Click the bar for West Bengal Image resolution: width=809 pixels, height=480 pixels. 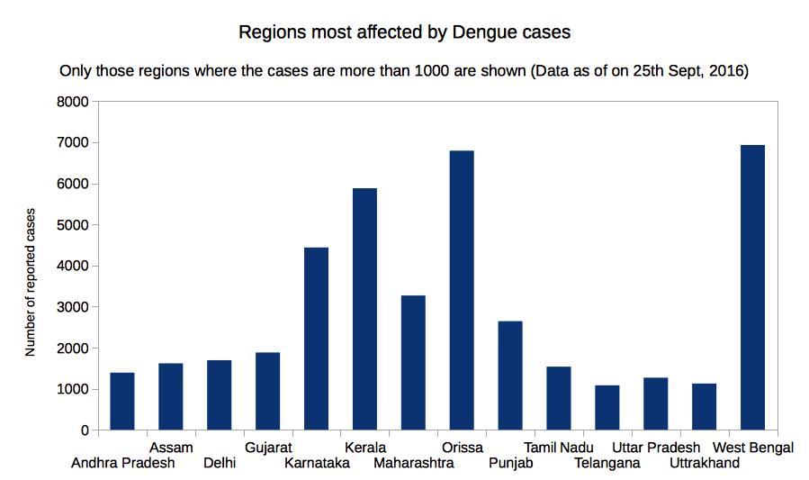752,287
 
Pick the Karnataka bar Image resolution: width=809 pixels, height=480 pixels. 316,339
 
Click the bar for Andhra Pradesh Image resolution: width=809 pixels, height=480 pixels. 122,402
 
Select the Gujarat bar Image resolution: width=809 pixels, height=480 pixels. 267,391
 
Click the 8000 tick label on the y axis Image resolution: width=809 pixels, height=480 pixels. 72,102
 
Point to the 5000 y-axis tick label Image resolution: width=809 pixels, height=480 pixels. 72,225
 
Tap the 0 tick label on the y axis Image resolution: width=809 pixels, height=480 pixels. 84,430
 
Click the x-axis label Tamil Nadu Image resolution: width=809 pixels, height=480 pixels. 559,448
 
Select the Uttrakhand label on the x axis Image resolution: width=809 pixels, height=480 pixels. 705,464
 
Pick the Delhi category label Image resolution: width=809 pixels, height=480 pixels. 220,464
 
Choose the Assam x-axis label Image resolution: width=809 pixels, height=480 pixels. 171,448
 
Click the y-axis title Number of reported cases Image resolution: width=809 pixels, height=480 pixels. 31,282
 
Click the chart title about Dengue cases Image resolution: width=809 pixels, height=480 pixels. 404,32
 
